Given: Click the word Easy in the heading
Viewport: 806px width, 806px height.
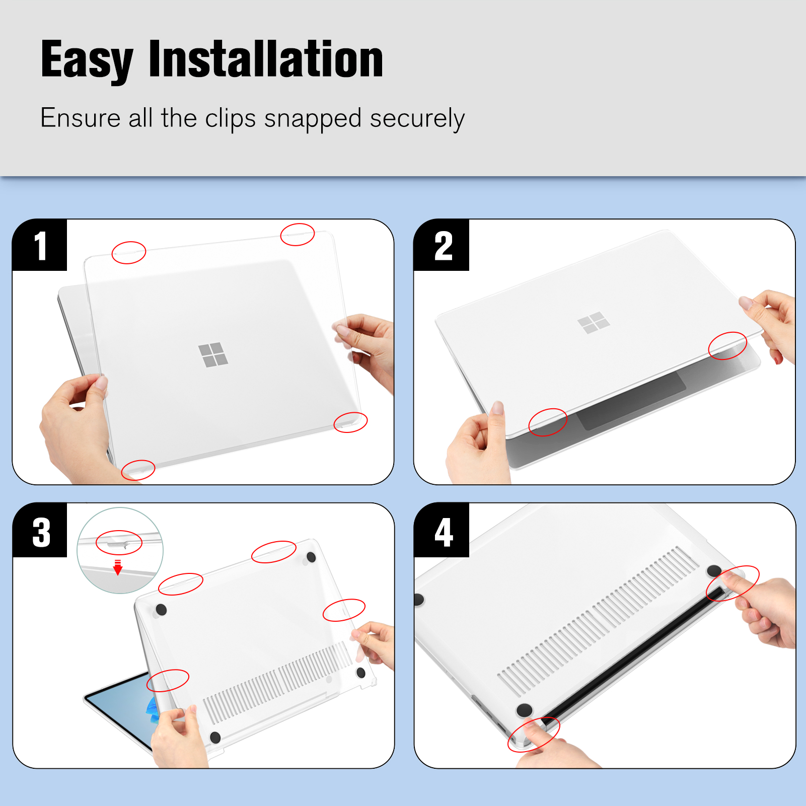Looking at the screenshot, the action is [x=87, y=60].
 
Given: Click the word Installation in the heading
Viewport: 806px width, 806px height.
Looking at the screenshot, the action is [x=266, y=59].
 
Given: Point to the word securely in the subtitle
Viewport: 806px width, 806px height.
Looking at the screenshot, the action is [x=417, y=119].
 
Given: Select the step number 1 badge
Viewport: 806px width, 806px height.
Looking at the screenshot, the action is [x=39, y=245].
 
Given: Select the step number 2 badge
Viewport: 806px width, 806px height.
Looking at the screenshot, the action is [x=442, y=245].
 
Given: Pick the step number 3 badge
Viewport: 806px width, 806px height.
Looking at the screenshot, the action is [x=40, y=530].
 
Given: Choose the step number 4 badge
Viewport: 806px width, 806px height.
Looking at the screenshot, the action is [x=442, y=530].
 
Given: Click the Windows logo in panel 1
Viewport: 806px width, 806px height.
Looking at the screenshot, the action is [x=213, y=355].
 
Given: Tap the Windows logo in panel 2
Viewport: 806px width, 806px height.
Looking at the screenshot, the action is [x=594, y=323].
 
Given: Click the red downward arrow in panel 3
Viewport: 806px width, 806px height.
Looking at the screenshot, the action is [x=118, y=567].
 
